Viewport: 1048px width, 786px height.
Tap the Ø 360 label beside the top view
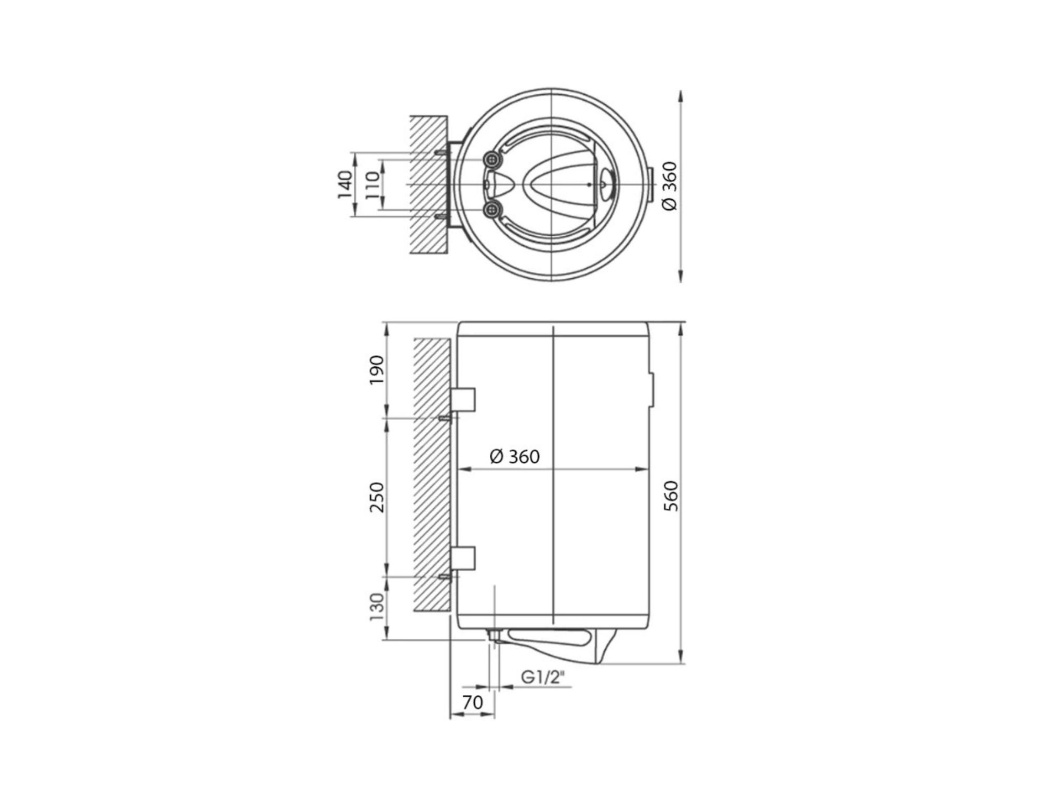pos(670,185)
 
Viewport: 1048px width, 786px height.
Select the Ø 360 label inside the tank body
pos(515,457)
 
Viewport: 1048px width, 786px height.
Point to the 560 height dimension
pos(671,496)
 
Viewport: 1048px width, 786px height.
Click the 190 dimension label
pos(377,369)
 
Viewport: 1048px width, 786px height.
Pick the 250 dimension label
pos(377,497)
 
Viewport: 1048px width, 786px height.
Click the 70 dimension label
pos(473,702)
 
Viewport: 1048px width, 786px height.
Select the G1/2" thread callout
pos(543,678)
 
